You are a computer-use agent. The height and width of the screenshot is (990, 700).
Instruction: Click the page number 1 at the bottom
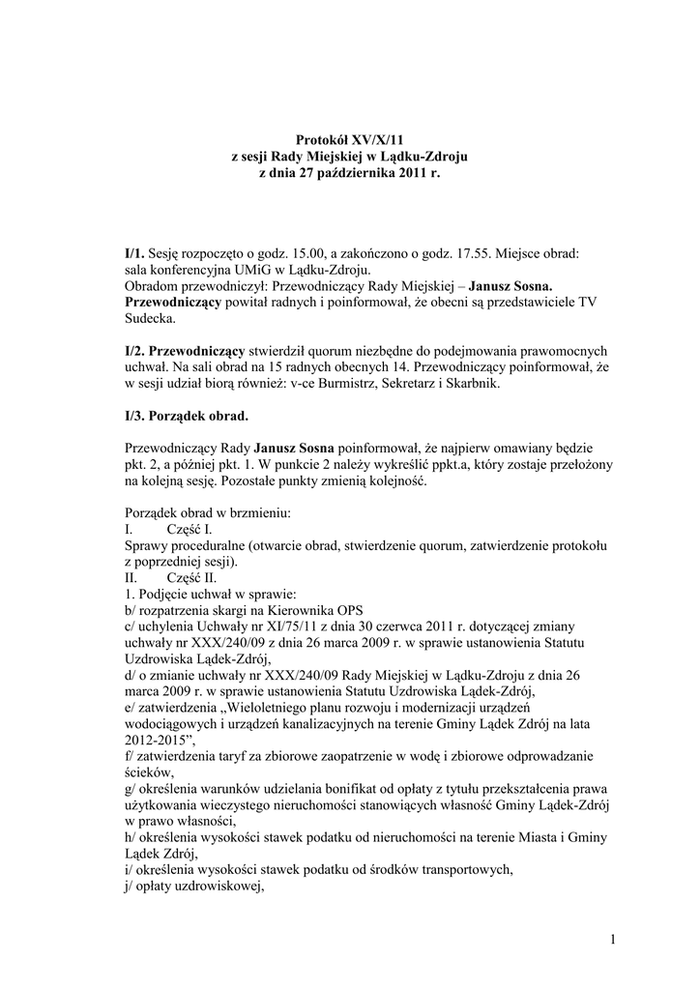tap(613, 939)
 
